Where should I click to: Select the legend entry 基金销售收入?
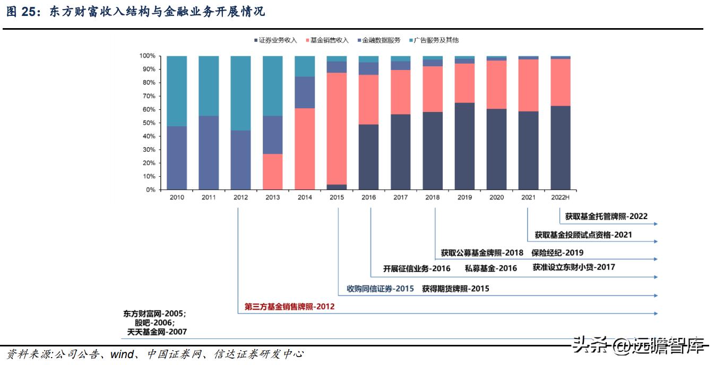(x=329, y=40)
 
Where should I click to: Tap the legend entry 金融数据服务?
(x=381, y=40)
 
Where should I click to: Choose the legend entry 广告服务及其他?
(x=436, y=40)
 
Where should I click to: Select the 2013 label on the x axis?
(x=272, y=197)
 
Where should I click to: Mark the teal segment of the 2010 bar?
(x=176, y=91)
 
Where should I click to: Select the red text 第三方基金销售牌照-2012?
(x=289, y=307)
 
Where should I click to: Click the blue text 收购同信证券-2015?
(x=380, y=289)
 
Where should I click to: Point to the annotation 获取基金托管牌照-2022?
(x=606, y=216)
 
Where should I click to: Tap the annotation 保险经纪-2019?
(x=557, y=253)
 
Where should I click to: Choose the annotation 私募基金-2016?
(x=490, y=268)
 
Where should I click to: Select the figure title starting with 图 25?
(x=135, y=12)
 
